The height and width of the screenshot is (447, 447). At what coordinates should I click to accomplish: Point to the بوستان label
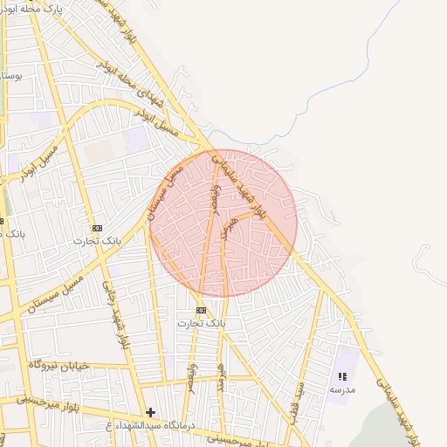tap(10, 77)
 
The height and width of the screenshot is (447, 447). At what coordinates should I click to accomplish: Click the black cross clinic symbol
tap(151, 411)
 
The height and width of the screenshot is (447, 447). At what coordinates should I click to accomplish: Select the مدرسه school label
tap(342, 390)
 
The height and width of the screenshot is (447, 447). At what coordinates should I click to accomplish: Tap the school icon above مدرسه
tap(342, 376)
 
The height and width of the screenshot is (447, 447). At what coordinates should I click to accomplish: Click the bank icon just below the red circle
tap(202, 310)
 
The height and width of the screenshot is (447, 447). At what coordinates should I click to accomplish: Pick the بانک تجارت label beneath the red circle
tap(202, 323)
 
